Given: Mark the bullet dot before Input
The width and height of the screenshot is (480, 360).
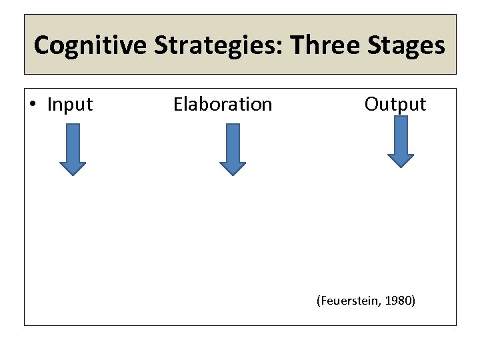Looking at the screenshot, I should click(x=34, y=105).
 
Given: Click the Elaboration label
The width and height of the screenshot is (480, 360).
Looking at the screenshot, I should click(x=223, y=105).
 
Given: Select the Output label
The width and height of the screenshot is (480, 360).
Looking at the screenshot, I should click(x=395, y=104).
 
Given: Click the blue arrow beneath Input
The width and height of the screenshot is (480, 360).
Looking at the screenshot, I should click(x=73, y=149).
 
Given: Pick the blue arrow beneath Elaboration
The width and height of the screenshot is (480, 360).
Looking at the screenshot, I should click(x=233, y=149).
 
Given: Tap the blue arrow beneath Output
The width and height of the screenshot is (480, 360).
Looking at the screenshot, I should click(x=401, y=141).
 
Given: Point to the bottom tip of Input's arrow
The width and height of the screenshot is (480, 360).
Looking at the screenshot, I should click(x=73, y=175).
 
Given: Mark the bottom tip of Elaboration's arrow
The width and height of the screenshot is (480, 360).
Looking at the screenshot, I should click(x=233, y=175).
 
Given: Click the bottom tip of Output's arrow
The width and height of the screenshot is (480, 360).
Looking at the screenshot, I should click(x=401, y=167).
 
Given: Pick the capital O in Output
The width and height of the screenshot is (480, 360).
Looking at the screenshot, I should click(x=371, y=104).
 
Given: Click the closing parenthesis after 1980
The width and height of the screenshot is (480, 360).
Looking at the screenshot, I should click(x=413, y=301).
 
